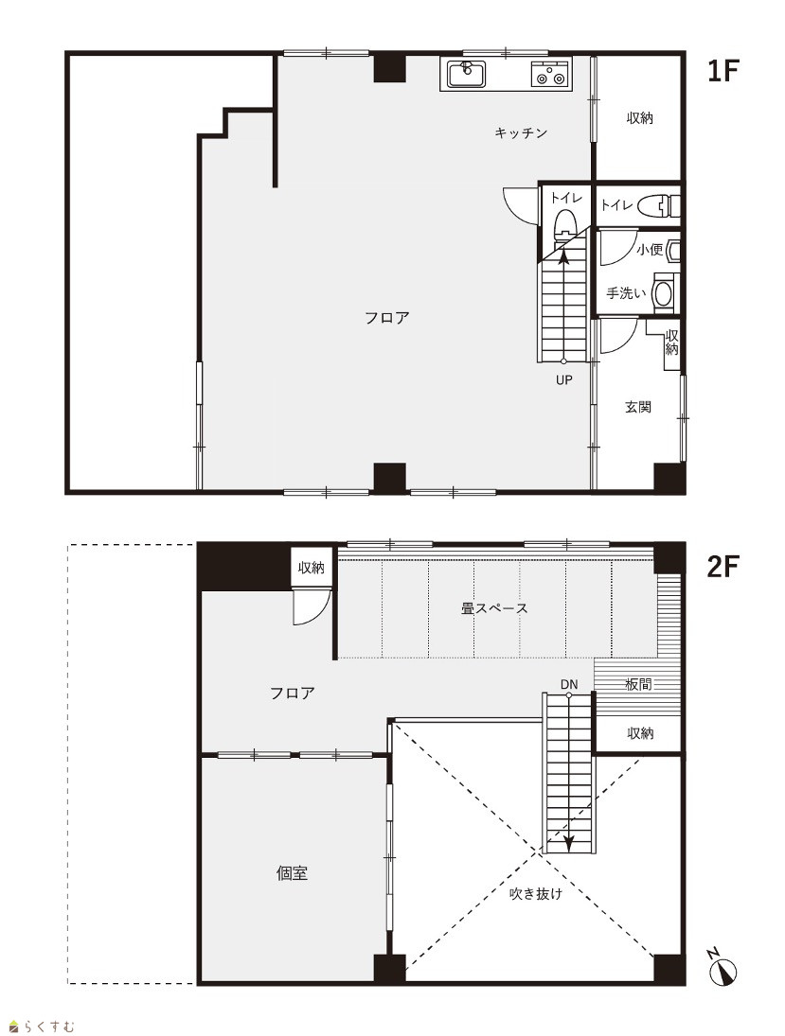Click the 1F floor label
[722, 71]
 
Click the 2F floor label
[723, 566]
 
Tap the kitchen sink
[467, 74]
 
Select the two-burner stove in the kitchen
[549, 74]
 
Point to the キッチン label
[521, 132]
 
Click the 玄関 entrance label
[638, 407]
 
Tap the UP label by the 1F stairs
[563, 380]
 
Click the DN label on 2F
[569, 684]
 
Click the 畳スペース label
[494, 607]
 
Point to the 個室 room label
[292, 873]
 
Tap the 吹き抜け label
[536, 893]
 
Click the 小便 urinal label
[650, 250]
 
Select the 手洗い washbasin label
[626, 292]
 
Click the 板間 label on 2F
[638, 684]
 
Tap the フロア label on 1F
[387, 318]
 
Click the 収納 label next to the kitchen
[639, 117]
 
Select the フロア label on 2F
[293, 694]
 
